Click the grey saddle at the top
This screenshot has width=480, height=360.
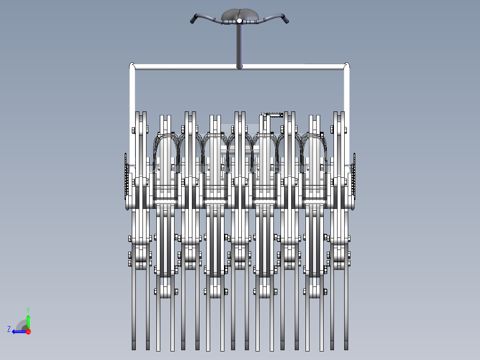tap(239, 14)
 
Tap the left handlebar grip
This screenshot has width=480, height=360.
tap(194, 19)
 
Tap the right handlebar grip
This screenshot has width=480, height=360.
tap(285, 19)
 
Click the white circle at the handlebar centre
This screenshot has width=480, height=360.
tap(239, 20)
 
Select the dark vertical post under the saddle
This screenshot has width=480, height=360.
tap(239, 45)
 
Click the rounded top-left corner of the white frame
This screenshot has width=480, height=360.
tap(132, 66)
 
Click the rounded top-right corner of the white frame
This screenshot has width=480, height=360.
tap(346, 66)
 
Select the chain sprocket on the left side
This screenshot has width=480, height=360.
tap(126, 180)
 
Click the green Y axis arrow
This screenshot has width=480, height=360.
tap(28, 319)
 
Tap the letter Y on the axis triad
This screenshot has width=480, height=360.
tap(28, 309)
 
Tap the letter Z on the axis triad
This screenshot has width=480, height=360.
tap(9, 329)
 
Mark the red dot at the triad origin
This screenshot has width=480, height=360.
tap(28, 331)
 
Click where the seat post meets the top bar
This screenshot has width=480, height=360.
tap(239, 67)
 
